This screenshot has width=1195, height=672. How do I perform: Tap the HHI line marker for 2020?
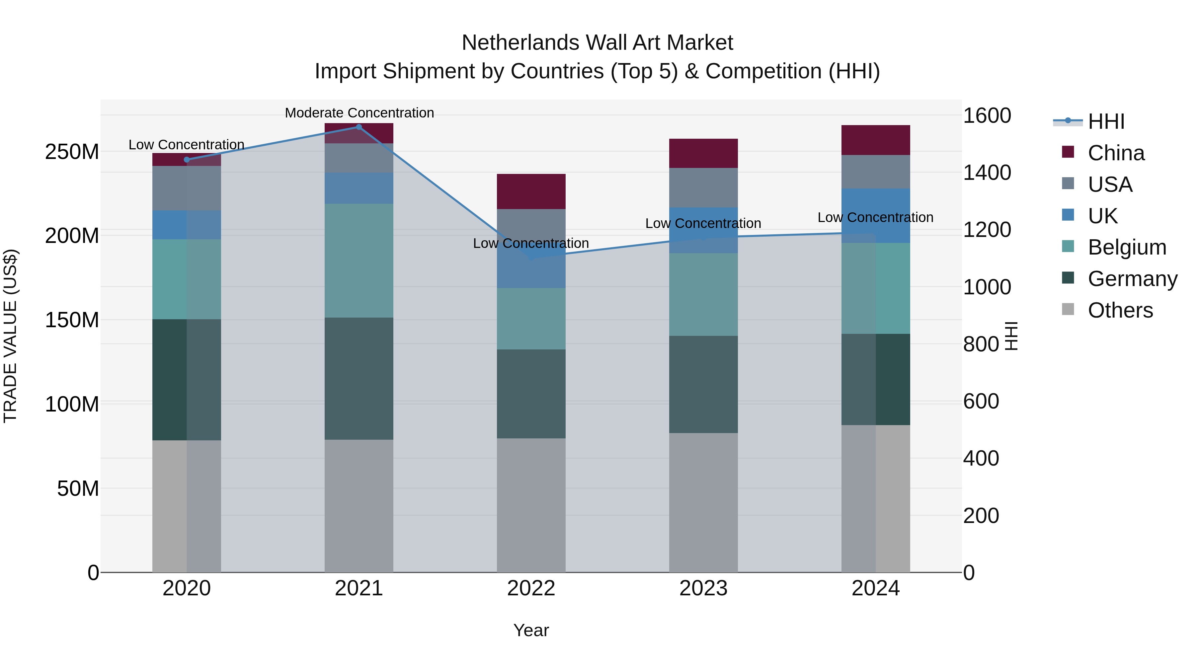point(187,160)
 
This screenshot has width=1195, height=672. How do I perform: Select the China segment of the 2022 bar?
point(531,191)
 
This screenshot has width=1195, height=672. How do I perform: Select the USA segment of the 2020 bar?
point(187,188)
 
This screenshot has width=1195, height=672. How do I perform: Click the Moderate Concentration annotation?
point(359,113)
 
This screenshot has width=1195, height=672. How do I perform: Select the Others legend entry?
point(1120,310)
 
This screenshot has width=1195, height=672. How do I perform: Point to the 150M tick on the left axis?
point(72,320)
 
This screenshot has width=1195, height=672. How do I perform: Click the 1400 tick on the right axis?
point(987,173)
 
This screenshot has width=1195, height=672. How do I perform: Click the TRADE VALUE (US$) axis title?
point(10,336)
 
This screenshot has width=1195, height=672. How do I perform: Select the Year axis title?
point(531,630)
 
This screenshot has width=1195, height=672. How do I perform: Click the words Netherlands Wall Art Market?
point(597,43)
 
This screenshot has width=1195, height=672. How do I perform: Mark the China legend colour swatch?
point(1068,152)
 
